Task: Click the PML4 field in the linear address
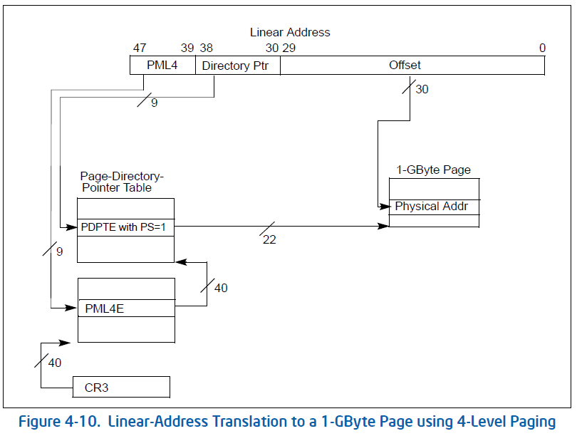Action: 162,66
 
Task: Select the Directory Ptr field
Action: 238,66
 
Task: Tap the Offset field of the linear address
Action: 405,66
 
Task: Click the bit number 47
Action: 140,48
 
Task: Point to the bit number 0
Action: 542,48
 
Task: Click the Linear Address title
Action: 290,32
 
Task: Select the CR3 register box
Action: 121,388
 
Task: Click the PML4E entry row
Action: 125,308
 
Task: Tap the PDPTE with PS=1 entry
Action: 125,227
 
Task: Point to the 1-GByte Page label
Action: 434,170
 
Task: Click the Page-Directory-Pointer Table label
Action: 122,182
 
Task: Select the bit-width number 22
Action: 269,240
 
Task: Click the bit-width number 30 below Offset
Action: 422,90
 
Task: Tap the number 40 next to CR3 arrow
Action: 55,363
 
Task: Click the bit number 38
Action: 206,48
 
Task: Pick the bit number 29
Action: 288,48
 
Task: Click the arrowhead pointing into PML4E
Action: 73,308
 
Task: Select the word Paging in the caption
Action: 529,422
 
